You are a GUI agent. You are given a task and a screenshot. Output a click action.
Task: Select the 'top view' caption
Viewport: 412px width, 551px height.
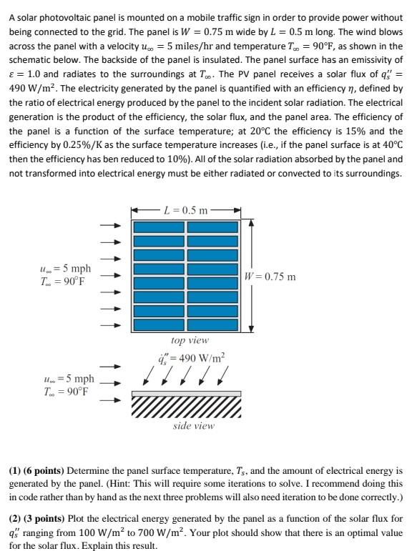pyautogui.click(x=190, y=341)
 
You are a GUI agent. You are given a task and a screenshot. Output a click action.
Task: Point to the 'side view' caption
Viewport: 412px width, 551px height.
pyautogui.click(x=193, y=425)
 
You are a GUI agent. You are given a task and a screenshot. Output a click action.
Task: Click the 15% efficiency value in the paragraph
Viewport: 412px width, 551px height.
pyautogui.click(x=317, y=132)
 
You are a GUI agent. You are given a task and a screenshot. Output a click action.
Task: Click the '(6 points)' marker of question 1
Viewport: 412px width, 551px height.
pyautogui.click(x=44, y=472)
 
